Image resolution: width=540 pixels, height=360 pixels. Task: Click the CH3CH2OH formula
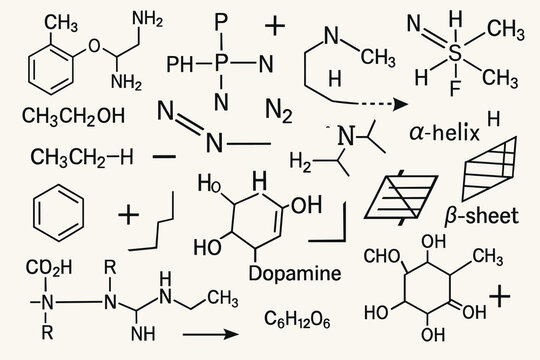pyautogui.click(x=74, y=116)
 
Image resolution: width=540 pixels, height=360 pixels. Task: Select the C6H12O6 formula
pyautogui.click(x=297, y=319)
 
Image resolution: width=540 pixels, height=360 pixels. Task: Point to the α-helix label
pyautogui.click(x=445, y=132)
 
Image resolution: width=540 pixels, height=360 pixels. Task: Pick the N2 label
pyautogui.click(x=279, y=108)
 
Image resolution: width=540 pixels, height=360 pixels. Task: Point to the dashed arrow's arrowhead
pyautogui.click(x=399, y=103)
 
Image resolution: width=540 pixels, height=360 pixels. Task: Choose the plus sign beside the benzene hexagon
pyautogui.click(x=128, y=214)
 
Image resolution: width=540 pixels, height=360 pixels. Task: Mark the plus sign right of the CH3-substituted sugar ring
pyautogui.click(x=502, y=296)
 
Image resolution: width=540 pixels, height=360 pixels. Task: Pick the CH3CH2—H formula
pyautogui.click(x=80, y=157)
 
